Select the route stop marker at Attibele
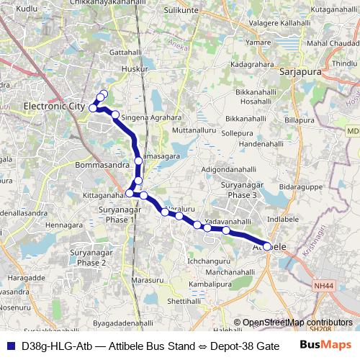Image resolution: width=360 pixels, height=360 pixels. pos(267,246)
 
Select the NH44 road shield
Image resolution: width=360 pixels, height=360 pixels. pos(324,287)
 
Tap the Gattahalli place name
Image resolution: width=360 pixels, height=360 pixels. pos(126,53)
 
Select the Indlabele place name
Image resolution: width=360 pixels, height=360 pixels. pos(282,217)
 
